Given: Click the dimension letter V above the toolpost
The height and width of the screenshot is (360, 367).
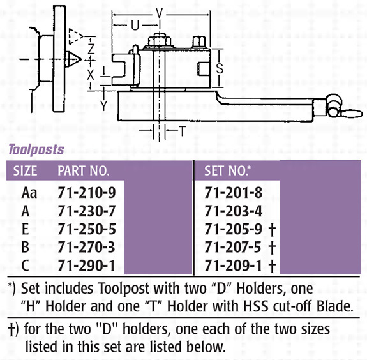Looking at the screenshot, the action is click(159, 13).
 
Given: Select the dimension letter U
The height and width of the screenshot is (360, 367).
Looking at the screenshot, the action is click(135, 26).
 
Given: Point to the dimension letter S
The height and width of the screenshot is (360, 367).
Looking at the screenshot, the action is click(220, 68).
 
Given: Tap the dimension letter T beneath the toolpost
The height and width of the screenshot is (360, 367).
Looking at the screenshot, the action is click(183, 131).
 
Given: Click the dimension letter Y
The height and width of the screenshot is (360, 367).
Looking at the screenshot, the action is click(103, 106).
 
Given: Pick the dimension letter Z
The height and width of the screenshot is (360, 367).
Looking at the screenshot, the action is click(91, 49).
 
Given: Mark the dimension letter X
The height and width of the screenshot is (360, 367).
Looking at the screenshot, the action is click(91, 75).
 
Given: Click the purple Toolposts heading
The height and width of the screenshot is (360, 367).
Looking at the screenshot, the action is click(36, 150).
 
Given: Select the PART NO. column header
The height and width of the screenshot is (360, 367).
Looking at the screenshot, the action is click(84, 170).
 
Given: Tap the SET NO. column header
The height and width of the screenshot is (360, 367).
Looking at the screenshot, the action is click(227, 170).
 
